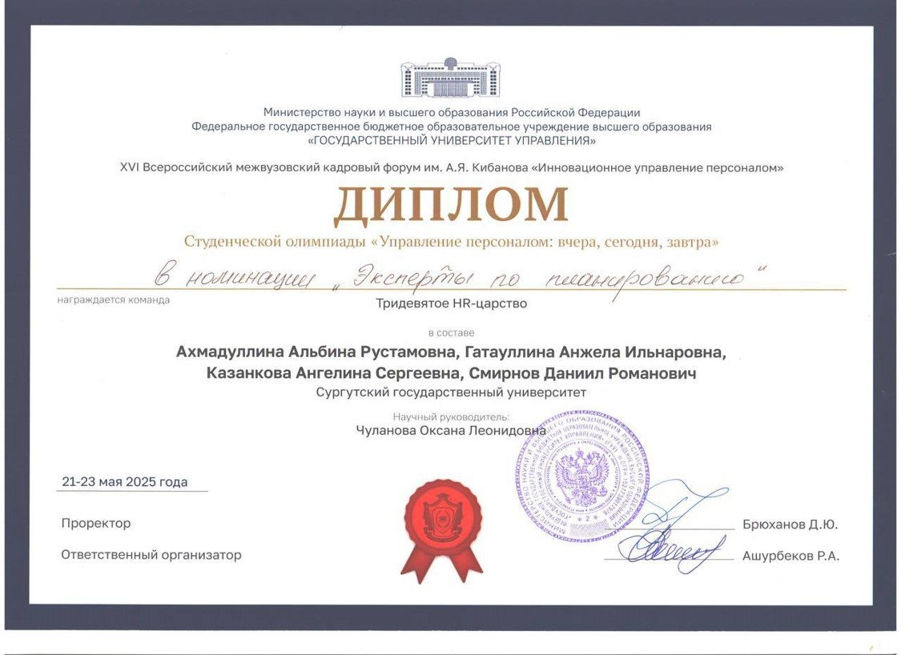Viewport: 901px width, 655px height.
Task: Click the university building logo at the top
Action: pos(450,78)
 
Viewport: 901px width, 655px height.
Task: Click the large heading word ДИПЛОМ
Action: pos(451,205)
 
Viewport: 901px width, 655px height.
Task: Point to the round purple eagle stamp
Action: pos(582,478)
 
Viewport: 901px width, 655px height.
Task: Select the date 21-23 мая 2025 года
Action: pos(125,482)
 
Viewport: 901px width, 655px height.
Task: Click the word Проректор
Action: pos(96,524)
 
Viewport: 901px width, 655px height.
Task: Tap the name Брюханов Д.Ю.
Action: pos(790,525)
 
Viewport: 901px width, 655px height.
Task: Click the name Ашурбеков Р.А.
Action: pos(790,556)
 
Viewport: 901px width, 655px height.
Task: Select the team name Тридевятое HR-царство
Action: pos(452,303)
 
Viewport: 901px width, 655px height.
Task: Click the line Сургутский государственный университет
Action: pos(451,392)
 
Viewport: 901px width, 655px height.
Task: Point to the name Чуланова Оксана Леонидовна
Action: pos(451,430)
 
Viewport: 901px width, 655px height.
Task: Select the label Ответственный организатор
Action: pos(151,555)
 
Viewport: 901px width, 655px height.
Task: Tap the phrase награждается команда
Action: pos(114,300)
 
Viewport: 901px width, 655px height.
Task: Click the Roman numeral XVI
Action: pos(129,168)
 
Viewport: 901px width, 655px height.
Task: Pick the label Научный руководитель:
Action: pos(451,416)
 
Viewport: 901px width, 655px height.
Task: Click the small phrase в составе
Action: pos(451,332)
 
